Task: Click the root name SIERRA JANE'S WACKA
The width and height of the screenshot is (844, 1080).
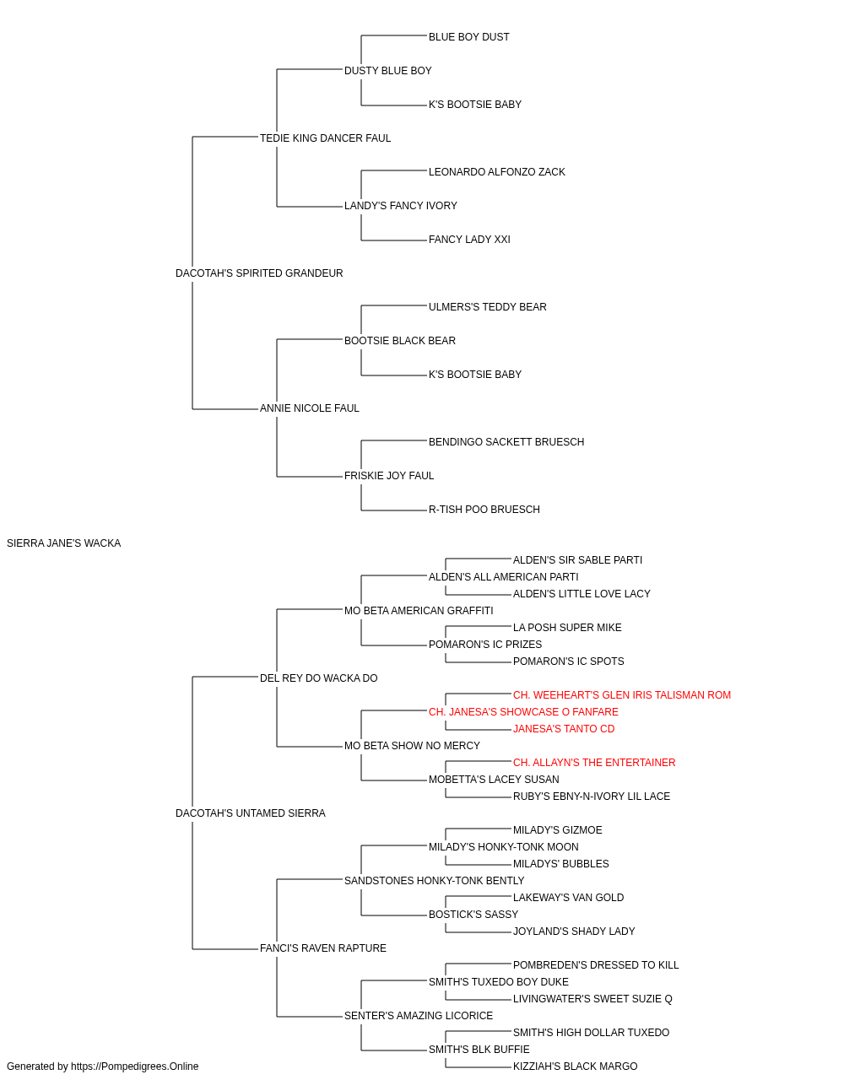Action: pyautogui.click(x=63, y=543)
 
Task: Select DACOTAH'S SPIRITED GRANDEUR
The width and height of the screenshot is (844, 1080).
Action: pyautogui.click(x=259, y=273)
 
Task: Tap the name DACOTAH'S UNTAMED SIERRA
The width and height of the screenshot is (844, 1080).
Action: pyautogui.click(x=251, y=813)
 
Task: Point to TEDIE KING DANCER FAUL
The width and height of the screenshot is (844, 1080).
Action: pyautogui.click(x=325, y=138)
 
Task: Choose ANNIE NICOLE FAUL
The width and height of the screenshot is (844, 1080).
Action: pyautogui.click(x=309, y=408)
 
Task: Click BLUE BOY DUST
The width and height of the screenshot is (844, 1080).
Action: pyautogui.click(x=468, y=37)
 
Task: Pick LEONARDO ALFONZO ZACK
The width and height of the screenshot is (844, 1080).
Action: pyautogui.click(x=496, y=172)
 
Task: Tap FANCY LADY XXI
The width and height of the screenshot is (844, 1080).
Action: pyautogui.click(x=469, y=240)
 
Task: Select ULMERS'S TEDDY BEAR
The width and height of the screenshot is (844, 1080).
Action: pyautogui.click(x=487, y=307)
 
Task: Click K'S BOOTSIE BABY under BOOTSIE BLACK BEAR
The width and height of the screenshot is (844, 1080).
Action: pyautogui.click(x=474, y=375)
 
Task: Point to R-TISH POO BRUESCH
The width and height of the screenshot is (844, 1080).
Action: pyautogui.click(x=484, y=510)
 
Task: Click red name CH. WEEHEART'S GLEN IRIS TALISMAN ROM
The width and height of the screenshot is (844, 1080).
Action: pyautogui.click(x=622, y=694)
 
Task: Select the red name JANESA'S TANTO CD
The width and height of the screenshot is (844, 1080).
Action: pyautogui.click(x=564, y=729)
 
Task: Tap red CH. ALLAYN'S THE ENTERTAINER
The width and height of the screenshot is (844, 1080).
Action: pyautogui.click(x=594, y=763)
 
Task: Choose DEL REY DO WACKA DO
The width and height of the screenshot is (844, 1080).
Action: pyautogui.click(x=319, y=678)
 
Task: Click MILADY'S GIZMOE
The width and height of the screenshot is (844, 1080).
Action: pyautogui.click(x=557, y=830)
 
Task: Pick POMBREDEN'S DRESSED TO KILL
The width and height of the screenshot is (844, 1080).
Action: pyautogui.click(x=596, y=965)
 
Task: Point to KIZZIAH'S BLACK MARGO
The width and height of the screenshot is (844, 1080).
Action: pyautogui.click(x=575, y=1066)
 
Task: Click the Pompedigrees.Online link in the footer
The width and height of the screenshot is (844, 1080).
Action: pyautogui.click(x=134, y=1066)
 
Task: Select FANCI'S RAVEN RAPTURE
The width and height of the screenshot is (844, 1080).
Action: pyautogui.click(x=322, y=948)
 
